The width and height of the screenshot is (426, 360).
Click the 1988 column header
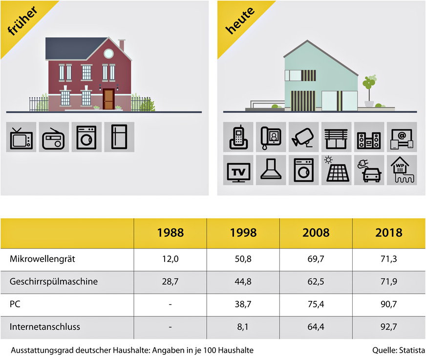(x=170, y=233)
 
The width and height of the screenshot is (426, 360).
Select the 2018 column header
(x=389, y=233)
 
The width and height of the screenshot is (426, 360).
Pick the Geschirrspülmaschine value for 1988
(x=170, y=281)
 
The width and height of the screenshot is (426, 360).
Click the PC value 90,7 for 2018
(x=389, y=304)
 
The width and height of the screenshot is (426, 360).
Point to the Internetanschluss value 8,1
(x=243, y=326)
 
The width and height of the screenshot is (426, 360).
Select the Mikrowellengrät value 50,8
(x=243, y=260)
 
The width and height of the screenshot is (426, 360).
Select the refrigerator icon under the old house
(x=119, y=137)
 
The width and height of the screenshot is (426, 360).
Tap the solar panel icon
(x=336, y=170)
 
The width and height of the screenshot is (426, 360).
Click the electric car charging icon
(x=369, y=170)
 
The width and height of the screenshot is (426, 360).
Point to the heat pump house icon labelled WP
(x=402, y=170)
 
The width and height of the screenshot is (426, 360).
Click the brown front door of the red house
(x=108, y=99)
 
